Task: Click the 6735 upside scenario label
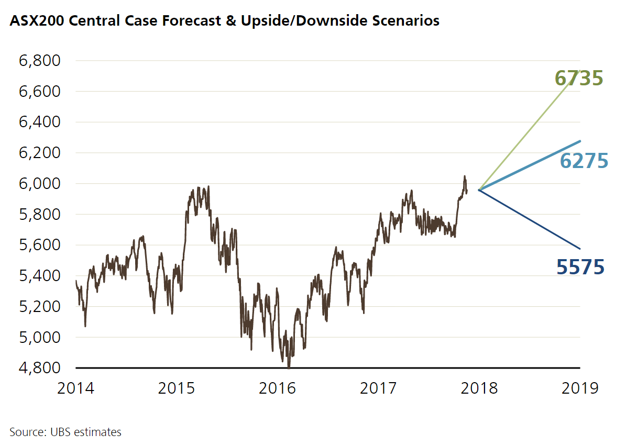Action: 579,79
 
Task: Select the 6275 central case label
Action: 584,161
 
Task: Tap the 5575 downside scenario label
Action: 580,267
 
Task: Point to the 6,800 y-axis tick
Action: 39,61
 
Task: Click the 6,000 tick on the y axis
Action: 39,184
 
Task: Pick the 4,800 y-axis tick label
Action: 39,368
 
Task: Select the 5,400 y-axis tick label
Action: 39,276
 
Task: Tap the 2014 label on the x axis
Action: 76,388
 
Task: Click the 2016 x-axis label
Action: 278,388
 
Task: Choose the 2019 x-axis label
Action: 579,388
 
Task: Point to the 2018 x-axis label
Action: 479,388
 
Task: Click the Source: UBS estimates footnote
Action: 65,432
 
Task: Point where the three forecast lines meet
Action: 479,189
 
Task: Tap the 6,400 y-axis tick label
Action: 39,122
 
